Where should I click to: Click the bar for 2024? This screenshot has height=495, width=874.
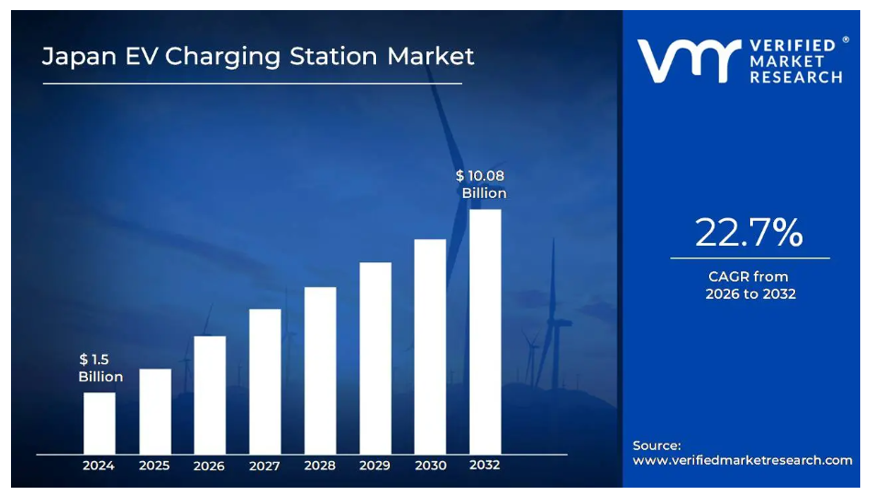coord(100,423)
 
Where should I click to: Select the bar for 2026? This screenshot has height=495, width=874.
coord(210,395)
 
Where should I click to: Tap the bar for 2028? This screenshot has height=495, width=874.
coord(320,370)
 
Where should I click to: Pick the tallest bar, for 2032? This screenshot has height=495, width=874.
coord(485,332)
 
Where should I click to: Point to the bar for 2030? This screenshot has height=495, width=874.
coord(430,346)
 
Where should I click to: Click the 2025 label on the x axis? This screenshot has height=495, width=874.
coord(154,466)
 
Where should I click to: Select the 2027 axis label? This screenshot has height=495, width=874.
coord(264,466)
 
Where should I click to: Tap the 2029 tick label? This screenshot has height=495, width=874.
coord(374,466)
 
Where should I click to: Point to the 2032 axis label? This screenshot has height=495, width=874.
coord(484,465)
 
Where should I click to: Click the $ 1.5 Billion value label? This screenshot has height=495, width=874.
coord(100,368)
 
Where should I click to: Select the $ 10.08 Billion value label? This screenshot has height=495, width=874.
coord(481,184)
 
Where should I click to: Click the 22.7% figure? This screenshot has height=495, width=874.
coord(748,233)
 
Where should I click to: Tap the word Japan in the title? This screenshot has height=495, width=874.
coord(79,57)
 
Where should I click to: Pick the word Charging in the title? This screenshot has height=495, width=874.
coord(223,57)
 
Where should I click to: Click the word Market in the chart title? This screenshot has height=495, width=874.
coord(430,56)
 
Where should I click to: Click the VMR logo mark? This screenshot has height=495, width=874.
coord(689,60)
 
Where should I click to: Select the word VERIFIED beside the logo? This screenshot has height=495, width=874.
coord(792,46)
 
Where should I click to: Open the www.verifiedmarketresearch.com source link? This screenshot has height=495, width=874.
coord(743,460)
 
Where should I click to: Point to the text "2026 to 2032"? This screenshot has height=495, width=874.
coord(750,293)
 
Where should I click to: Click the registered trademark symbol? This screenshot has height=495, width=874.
coord(846,39)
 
